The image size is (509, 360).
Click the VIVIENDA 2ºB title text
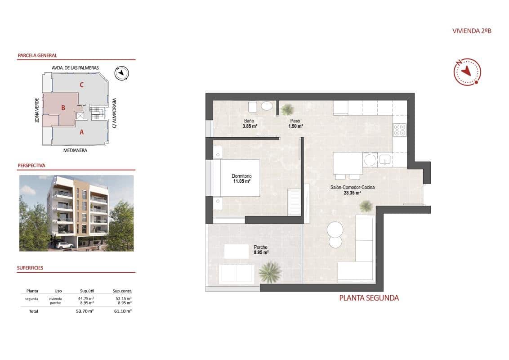coord(472,31)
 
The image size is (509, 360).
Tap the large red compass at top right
coord(467,72)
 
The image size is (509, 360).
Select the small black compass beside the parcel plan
coord(121,73)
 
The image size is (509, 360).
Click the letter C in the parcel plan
coord(81,84)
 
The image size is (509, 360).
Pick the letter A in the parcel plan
coord(81,132)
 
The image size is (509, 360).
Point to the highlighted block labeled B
coord(63,108)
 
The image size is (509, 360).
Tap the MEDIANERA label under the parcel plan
coord(75,150)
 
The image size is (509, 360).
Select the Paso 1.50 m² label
coord(295,124)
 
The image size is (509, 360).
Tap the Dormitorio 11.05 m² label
coord(241,179)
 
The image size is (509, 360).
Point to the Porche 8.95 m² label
coord(261,250)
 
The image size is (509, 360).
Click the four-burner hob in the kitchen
coord(400,130)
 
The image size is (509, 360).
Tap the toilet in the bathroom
coord(252,107)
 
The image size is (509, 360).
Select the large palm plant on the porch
coord(270,272)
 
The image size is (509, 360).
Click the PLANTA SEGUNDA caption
coord(369,298)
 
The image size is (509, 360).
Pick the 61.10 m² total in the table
coord(122,311)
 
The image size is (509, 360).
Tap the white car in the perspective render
coord(65,245)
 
